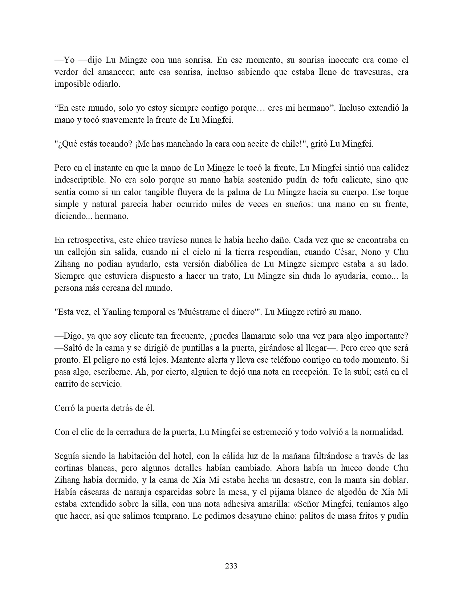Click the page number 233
point(231,566)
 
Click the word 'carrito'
point(67,384)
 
